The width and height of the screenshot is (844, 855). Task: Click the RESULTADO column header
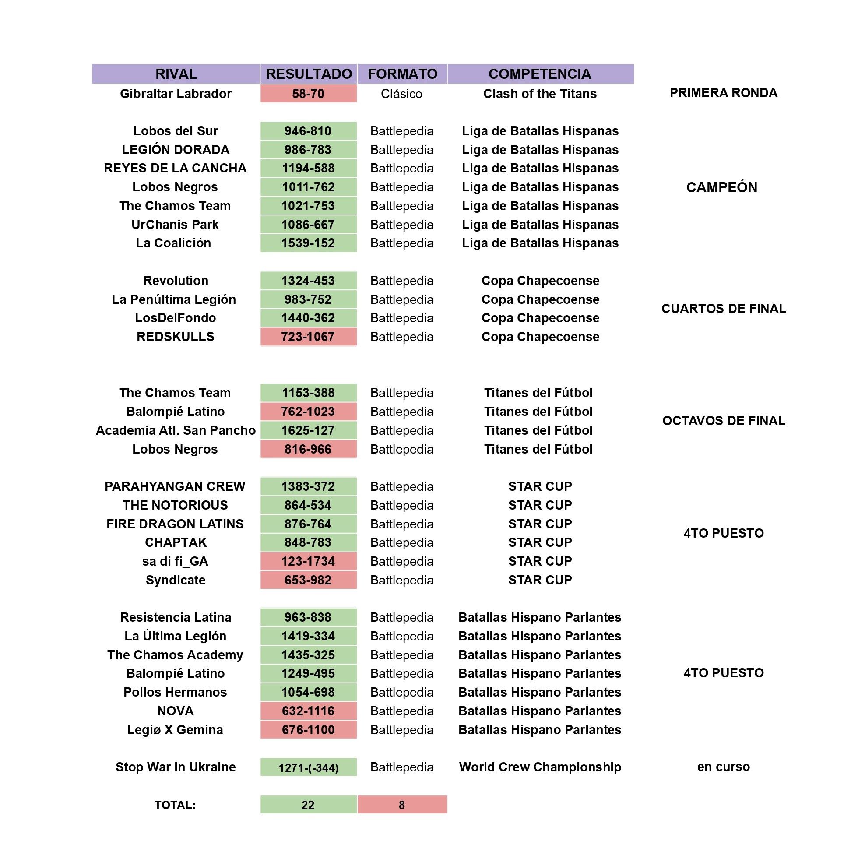(x=309, y=74)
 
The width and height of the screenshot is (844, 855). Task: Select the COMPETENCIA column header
(x=539, y=74)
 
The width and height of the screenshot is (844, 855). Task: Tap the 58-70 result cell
(x=308, y=94)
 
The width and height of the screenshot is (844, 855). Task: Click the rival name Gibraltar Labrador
(x=175, y=94)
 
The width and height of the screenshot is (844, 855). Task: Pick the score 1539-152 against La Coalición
(x=308, y=243)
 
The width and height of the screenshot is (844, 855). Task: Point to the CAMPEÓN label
(x=721, y=187)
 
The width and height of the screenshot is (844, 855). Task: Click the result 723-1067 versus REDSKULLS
(x=308, y=337)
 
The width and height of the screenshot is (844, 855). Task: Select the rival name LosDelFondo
(x=175, y=318)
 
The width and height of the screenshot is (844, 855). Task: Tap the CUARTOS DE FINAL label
(x=723, y=309)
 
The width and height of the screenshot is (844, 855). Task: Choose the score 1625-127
(x=308, y=430)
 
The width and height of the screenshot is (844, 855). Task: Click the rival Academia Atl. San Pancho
(x=175, y=430)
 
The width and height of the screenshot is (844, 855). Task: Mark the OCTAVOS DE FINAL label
(x=723, y=420)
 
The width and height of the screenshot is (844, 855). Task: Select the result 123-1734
(x=308, y=561)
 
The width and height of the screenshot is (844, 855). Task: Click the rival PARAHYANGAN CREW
(x=175, y=486)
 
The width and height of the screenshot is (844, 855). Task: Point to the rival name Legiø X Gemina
(x=175, y=730)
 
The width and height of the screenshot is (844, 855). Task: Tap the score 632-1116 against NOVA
(x=308, y=711)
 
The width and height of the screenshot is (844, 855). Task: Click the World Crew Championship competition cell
(x=539, y=767)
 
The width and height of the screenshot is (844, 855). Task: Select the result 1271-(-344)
(x=308, y=767)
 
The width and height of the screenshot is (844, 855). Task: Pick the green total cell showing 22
(x=308, y=805)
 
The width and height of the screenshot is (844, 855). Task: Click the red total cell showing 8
(x=401, y=805)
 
